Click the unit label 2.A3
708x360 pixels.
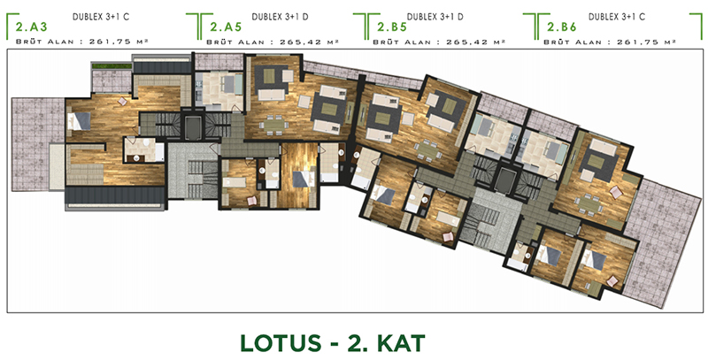click(x=32, y=27)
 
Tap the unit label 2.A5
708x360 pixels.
click(x=226, y=27)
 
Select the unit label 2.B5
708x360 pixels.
click(x=392, y=27)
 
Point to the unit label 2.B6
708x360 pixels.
click(x=562, y=27)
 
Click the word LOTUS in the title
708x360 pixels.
click(x=281, y=343)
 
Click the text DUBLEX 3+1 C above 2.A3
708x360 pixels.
click(x=101, y=17)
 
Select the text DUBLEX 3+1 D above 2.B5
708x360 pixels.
click(x=435, y=17)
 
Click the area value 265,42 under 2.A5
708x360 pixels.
click(x=301, y=42)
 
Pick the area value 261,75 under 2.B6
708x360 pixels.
click(x=637, y=42)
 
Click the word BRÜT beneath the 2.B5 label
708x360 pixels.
click(x=386, y=42)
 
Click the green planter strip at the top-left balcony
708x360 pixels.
click(x=112, y=66)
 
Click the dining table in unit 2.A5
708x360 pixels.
click(x=274, y=123)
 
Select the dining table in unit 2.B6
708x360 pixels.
click(x=589, y=204)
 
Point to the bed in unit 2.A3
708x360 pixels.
click(x=80, y=121)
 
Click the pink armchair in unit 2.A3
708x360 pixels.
click(x=122, y=102)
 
